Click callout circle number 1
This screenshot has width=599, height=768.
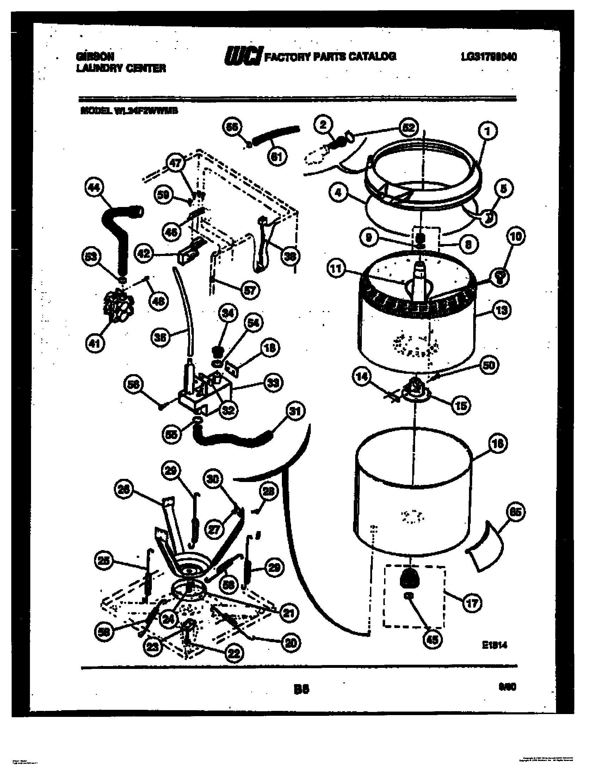487,132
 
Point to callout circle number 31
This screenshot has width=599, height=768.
296,411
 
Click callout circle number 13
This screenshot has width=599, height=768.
502,310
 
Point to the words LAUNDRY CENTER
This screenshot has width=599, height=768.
121,68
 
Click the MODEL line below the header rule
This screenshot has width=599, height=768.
129,111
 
